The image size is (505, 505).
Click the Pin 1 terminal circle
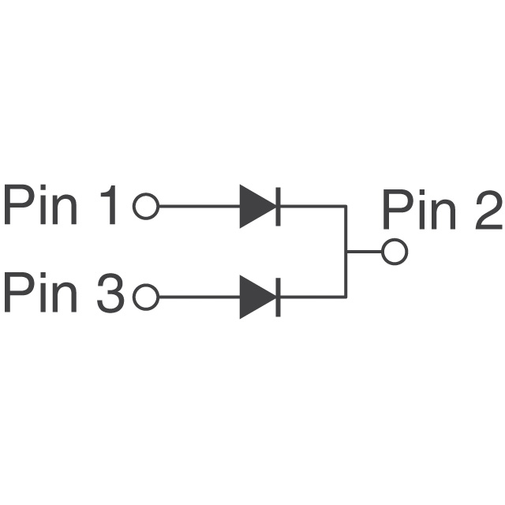(146, 207)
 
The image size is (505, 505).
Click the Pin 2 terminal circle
(394, 252)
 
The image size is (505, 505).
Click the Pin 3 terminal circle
(146, 297)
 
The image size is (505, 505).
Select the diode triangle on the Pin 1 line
(255, 207)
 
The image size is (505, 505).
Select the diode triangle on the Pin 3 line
(255, 297)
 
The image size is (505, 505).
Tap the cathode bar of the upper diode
(279, 207)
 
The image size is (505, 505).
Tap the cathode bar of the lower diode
(279, 297)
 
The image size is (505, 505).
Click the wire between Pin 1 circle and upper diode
(197, 207)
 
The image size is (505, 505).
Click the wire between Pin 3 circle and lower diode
(197, 297)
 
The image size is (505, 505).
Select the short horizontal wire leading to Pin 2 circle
(364, 252)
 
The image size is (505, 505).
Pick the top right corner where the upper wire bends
(346, 207)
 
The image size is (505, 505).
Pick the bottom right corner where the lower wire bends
(346, 297)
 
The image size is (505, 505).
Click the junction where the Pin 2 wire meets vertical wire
(346, 252)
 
